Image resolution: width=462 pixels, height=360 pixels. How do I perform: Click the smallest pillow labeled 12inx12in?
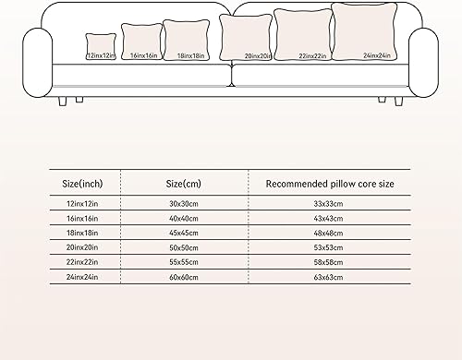100,45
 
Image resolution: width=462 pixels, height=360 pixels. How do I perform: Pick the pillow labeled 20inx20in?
245,37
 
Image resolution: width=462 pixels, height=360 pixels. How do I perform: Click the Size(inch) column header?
82,184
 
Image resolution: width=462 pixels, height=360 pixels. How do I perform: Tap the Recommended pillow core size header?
329,184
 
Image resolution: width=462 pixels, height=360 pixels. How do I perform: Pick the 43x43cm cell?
329,218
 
